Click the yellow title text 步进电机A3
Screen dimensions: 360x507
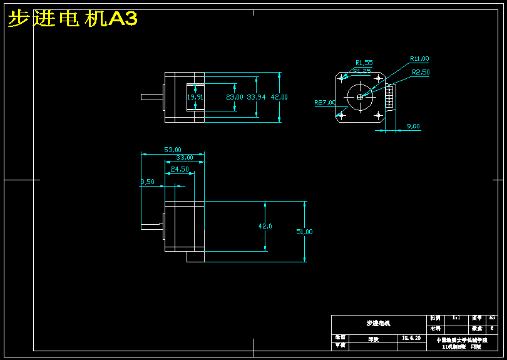[72, 19]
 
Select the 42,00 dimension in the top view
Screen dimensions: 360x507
[279, 97]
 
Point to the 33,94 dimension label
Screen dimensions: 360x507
[257, 97]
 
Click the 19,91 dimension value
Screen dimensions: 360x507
[195, 97]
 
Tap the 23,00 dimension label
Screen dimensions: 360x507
[234, 97]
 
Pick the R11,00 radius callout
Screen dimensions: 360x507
[419, 59]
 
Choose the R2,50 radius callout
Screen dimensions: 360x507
[421, 72]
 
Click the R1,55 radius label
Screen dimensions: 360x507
[364, 63]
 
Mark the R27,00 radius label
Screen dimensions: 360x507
[325, 102]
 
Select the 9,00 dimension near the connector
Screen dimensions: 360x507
[413, 126]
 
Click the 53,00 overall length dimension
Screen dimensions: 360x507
[173, 150]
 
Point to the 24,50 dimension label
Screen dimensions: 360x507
[180, 169]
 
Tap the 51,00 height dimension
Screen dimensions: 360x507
[304, 232]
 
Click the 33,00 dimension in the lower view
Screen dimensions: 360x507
[184, 158]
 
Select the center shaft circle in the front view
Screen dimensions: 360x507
[360, 96]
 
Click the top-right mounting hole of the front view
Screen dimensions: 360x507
[378, 78]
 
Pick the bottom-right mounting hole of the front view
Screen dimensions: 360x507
[378, 115]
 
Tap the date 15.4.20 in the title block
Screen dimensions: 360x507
[411, 337]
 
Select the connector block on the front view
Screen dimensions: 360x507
[390, 97]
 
